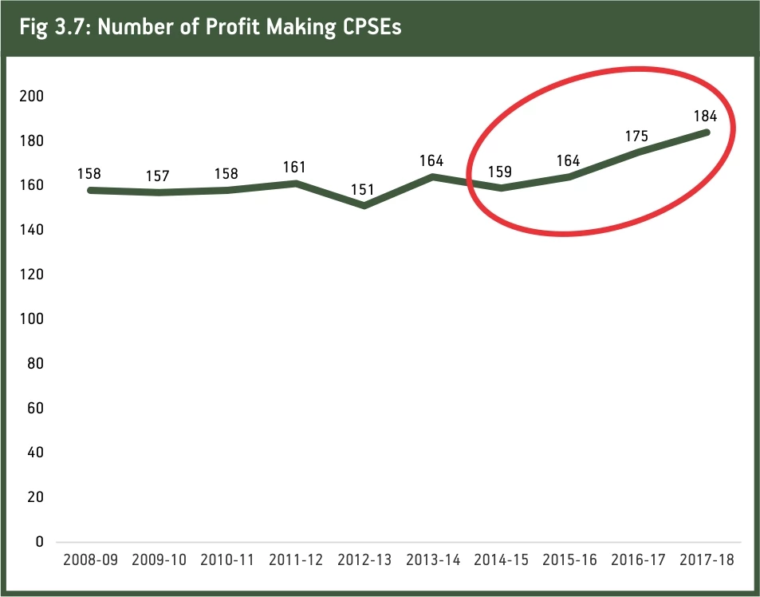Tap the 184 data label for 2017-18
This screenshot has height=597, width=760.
705,116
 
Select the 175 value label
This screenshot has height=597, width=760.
637,136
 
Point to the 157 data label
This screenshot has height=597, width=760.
158,176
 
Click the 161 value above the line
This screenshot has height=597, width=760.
294,168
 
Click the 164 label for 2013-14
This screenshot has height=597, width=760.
431,160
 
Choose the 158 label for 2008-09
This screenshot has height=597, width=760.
89,174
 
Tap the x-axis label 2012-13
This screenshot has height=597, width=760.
365,559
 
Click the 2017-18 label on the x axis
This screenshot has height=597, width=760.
707,559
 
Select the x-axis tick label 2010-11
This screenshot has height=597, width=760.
228,559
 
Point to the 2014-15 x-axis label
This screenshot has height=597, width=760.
502,559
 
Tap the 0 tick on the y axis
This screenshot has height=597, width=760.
39,542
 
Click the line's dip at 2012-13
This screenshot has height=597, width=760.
364,205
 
